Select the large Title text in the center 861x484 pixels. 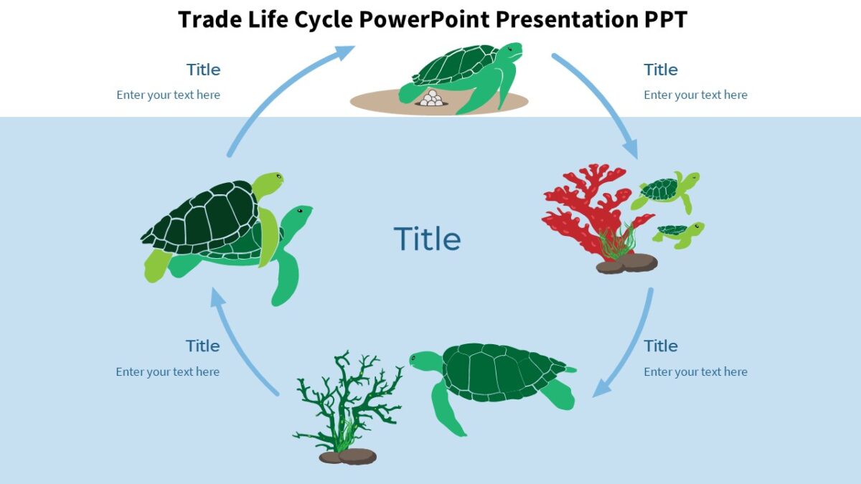click(427, 239)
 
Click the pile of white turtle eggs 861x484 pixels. click(432, 99)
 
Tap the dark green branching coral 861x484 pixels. click(352, 402)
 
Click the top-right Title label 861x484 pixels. click(660, 70)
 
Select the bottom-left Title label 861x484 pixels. click(202, 346)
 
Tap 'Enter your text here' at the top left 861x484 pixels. click(168, 95)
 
